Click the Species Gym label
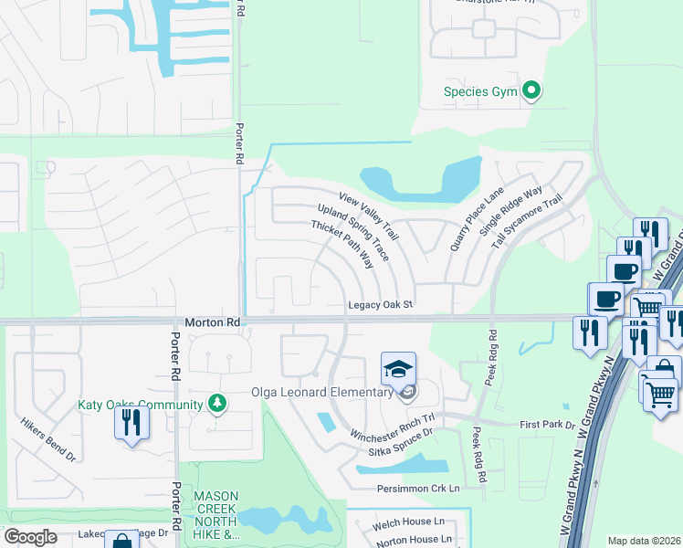[478, 91]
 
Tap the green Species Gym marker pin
[531, 90]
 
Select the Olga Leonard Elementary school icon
[398, 368]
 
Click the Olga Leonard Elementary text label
[323, 394]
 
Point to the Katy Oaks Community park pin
[216, 403]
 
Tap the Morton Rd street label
[212, 323]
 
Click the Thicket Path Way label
[342, 244]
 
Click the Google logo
[30, 537]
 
